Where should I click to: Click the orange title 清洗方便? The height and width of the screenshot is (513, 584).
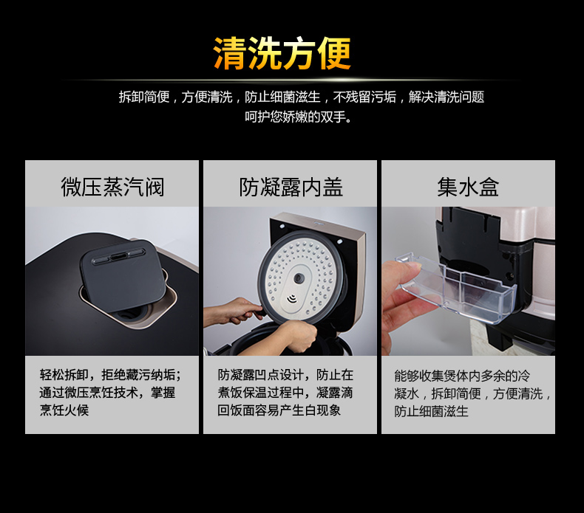point(282,53)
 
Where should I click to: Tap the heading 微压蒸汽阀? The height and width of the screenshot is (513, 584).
point(112,187)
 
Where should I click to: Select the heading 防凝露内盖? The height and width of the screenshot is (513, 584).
point(291,187)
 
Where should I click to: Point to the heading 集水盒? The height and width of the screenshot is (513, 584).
point(468,187)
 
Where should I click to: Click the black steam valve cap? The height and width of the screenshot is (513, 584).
point(123,275)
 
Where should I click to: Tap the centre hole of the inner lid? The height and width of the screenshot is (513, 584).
point(299,278)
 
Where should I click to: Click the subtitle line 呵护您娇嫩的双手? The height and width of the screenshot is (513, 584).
point(299,117)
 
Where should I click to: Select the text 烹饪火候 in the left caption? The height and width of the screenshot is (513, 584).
point(64,410)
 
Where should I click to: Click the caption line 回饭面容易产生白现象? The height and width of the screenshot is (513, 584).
point(279,410)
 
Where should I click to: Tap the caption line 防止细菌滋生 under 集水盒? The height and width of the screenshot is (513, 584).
point(431,411)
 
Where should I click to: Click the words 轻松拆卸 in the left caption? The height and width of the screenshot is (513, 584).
point(64,375)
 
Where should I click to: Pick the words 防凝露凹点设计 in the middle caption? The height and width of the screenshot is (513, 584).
point(260,375)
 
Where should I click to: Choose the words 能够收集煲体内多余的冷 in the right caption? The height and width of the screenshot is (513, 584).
point(462,376)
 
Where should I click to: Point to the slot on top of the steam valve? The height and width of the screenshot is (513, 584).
point(118,256)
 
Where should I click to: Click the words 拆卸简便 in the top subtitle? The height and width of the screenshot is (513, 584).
point(144,97)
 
